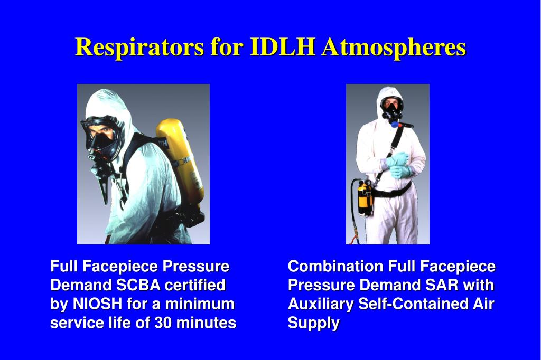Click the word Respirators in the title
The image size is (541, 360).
[x=139, y=48]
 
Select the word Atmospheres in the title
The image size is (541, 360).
[x=394, y=48]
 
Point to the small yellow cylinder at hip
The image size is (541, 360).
[x=365, y=198]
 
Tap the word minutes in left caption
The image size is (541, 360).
[x=206, y=323]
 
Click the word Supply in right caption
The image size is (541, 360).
[x=313, y=323]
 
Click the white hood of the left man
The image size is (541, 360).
[x=114, y=103]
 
